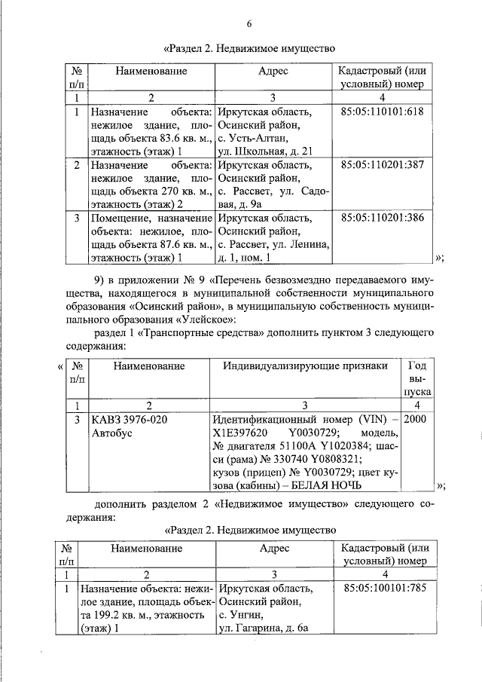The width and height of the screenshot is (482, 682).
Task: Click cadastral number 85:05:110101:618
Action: [382, 112]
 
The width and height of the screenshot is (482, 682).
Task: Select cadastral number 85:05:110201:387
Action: [382, 164]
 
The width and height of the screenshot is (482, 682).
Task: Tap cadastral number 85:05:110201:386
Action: [382, 218]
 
